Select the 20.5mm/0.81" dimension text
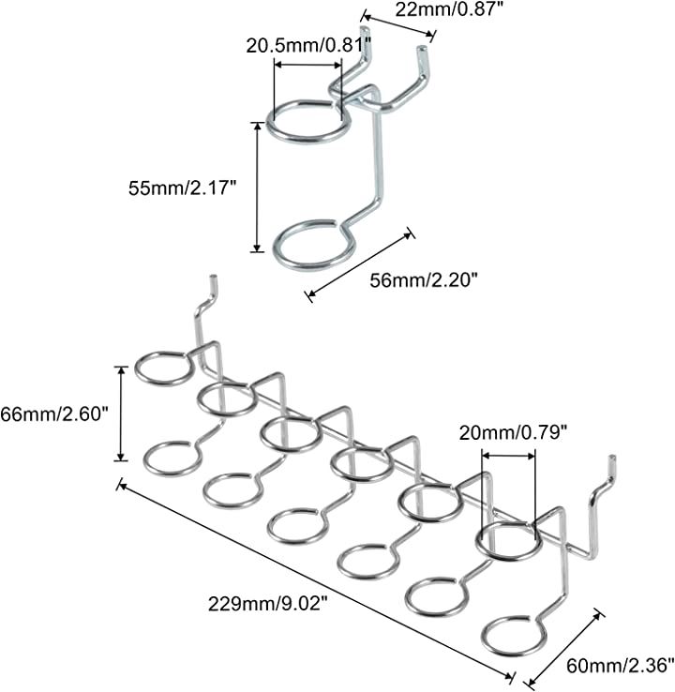click(x=308, y=44)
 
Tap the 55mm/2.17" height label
click(x=183, y=188)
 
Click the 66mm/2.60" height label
click(x=57, y=414)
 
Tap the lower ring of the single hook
click(x=314, y=246)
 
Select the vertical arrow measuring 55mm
click(x=257, y=187)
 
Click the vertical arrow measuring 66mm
click(x=120, y=414)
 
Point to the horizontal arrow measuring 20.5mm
click(x=307, y=65)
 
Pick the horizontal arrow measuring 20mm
click(x=508, y=457)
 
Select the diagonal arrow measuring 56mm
click(x=360, y=264)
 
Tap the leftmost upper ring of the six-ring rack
click(x=164, y=367)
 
